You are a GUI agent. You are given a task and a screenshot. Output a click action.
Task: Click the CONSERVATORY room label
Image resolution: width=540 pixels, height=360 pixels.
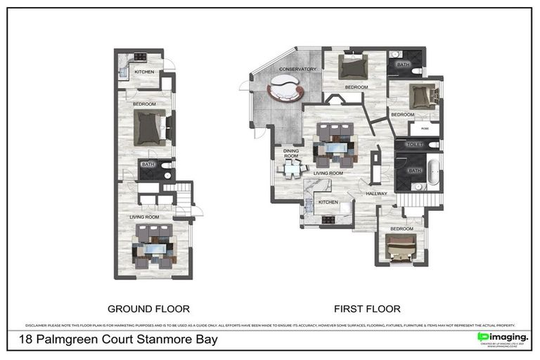click(297, 69)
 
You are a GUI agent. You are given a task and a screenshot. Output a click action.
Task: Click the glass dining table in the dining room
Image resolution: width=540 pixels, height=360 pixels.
click(290, 169)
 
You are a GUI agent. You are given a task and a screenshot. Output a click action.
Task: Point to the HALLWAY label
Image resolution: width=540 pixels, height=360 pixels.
click(377, 193)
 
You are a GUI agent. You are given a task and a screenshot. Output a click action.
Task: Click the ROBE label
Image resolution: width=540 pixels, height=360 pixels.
click(425, 129)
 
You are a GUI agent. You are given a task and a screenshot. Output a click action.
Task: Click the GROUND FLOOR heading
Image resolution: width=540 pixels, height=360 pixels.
click(148, 309)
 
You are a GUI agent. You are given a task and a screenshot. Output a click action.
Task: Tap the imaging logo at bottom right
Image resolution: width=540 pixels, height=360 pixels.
click(502, 338)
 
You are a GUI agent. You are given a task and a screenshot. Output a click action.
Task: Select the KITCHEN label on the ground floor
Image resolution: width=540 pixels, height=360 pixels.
click(144, 72)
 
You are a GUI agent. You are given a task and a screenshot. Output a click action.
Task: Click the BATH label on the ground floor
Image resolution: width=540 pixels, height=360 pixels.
click(148, 165)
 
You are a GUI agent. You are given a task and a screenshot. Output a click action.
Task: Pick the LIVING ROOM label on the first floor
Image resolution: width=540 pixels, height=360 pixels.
click(328, 172)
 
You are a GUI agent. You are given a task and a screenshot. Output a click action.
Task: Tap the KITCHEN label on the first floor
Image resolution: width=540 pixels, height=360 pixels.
click(328, 202)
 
